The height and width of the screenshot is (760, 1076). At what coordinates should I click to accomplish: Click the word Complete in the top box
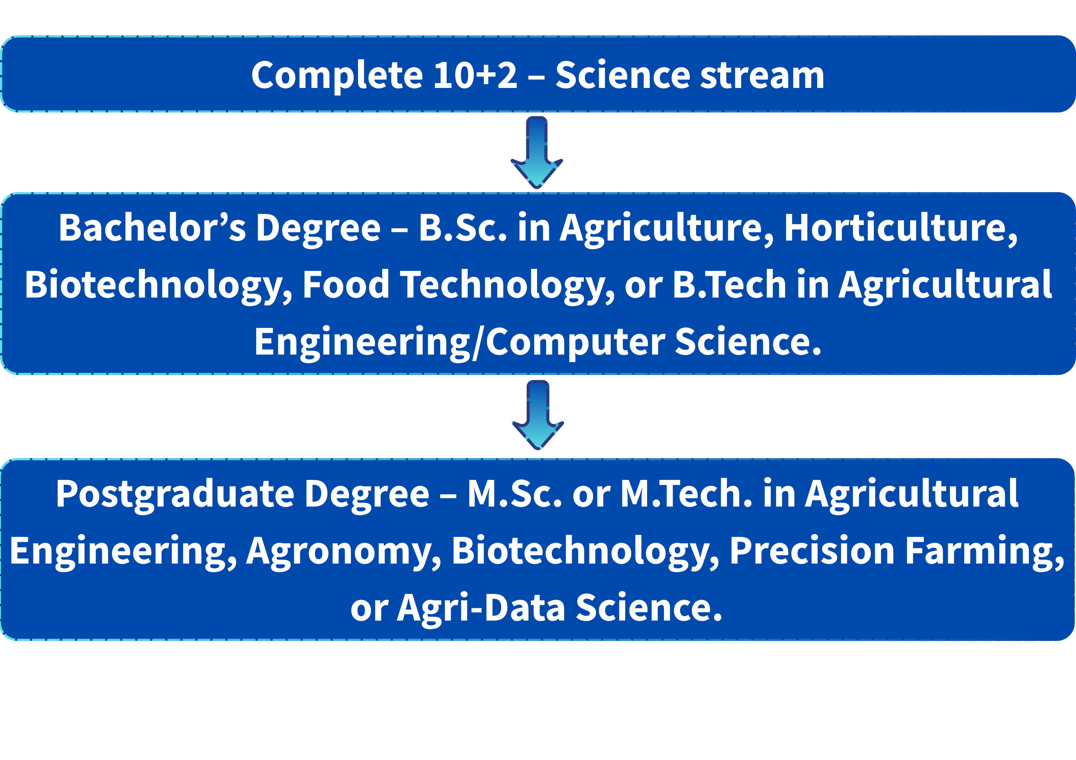(x=337, y=76)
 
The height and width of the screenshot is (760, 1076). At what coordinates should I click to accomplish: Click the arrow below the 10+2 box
(x=536, y=153)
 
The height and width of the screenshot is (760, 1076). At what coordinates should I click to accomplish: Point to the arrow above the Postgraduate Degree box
(x=538, y=415)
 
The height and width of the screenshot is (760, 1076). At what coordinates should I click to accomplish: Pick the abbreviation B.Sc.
(x=463, y=228)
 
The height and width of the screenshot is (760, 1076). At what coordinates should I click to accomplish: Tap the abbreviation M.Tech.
(x=686, y=494)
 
